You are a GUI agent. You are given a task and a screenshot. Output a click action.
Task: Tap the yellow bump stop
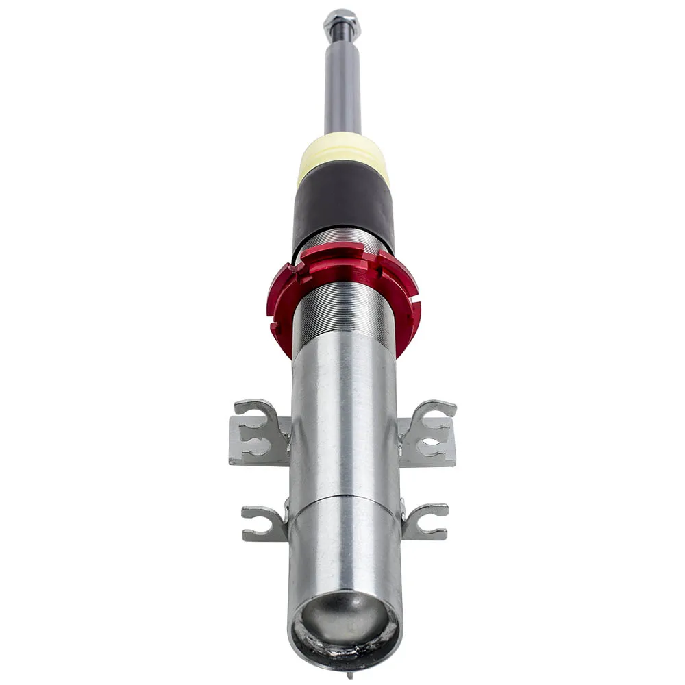pos(343,154)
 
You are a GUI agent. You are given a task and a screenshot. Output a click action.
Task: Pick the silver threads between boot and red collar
pos(342,240)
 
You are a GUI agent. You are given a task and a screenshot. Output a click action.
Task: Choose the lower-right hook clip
pos(425,521)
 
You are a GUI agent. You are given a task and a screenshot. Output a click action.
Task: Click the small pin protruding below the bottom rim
pos(349,675)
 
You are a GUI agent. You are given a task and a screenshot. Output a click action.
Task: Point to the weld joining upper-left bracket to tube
pos(288,438)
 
